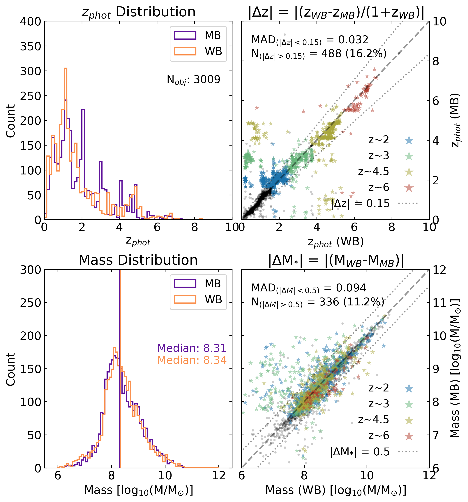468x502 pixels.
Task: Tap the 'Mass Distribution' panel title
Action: (x=138, y=260)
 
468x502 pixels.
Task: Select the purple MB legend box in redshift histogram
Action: (x=185, y=35)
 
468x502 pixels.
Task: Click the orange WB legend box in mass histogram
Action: (x=185, y=299)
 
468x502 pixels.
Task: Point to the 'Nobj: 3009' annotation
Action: (x=193, y=80)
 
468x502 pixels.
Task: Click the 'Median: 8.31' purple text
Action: (x=192, y=348)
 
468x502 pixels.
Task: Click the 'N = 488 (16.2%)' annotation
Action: (x=319, y=54)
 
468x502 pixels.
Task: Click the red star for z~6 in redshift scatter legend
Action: (x=409, y=188)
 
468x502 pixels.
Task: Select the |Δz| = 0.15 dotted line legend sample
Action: (x=409, y=203)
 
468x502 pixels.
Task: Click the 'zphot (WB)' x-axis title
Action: (x=335, y=242)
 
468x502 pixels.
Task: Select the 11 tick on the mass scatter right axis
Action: (x=439, y=303)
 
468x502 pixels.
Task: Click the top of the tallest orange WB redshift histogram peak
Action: (x=65, y=68)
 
